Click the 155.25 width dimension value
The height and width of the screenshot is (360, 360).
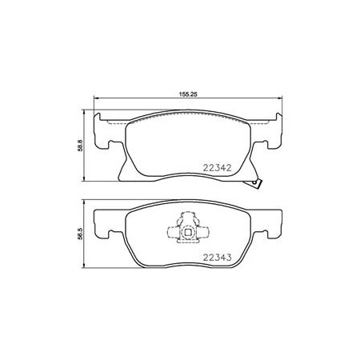[x=187, y=94]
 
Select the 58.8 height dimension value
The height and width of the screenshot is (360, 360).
[x=81, y=146]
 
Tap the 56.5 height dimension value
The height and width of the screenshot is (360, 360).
[x=81, y=234]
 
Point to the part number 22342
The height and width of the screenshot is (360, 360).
[x=217, y=168]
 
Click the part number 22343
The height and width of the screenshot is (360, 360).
[x=217, y=258]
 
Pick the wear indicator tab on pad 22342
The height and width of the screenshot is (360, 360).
[x=256, y=183]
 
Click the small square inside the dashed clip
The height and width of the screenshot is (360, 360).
[x=188, y=233]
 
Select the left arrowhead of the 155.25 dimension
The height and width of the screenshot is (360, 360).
[x=96, y=98]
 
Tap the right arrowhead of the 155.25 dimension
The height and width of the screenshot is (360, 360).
[x=279, y=98]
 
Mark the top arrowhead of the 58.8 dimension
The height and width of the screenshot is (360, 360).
[x=84, y=112]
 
